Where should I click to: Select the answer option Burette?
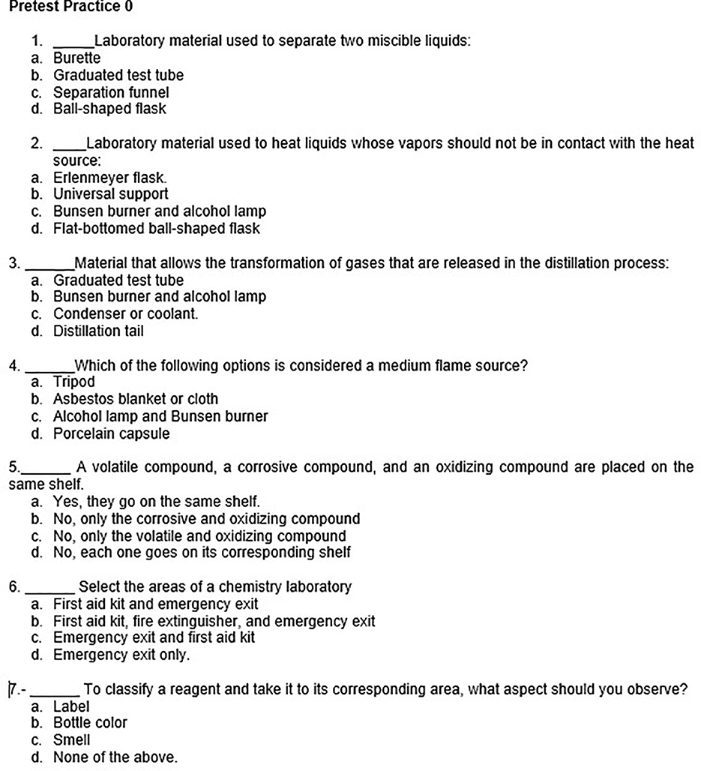pos(76,58)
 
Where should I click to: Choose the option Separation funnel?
pos(111,92)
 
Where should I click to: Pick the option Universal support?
pos(110,194)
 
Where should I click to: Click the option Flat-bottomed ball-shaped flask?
pos(156,229)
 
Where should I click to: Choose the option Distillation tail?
pos(98,331)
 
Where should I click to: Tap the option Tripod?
pos(74,382)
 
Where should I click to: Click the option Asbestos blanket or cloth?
pos(135,399)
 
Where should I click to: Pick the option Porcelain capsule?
pos(111,433)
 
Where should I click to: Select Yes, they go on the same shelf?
pos(157,501)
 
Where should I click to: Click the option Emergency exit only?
pos(121,655)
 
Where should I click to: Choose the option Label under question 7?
pos(70,706)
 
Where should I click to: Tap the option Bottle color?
pos(90,723)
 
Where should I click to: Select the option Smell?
pos(71,740)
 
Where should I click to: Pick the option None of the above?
pos(115,757)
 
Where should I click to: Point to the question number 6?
pos(13,586)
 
